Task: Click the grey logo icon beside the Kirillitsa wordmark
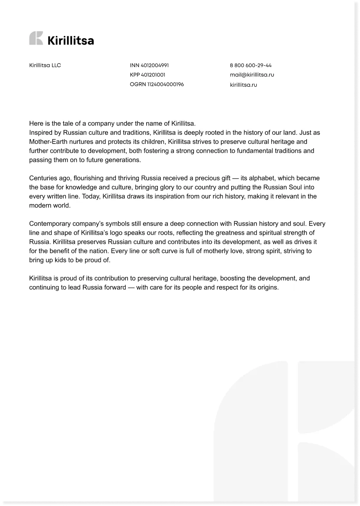[x=36, y=39]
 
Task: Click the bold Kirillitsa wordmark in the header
[x=70, y=41]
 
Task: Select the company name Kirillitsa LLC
[x=45, y=65]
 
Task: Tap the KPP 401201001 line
[x=147, y=75]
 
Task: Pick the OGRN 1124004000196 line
[x=157, y=84]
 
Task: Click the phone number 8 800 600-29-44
[x=251, y=65]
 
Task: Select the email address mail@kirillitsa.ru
[x=252, y=75]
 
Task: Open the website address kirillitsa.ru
[x=243, y=85]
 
